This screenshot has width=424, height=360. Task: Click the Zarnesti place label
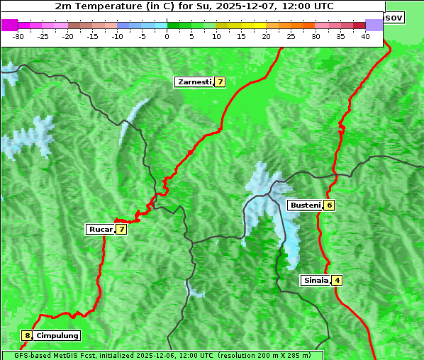click(194, 82)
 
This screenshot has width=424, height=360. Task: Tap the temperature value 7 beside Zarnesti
click(220, 82)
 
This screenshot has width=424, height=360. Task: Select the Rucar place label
click(100, 229)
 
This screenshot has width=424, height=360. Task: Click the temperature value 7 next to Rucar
click(121, 229)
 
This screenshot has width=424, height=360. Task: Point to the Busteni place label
click(304, 205)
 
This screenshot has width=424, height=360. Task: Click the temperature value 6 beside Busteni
click(329, 205)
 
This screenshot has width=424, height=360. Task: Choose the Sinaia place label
click(316, 280)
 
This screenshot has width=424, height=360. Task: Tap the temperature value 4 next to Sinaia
click(337, 280)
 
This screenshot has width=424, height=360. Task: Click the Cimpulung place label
click(57, 335)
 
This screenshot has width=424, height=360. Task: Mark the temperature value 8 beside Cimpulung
click(27, 335)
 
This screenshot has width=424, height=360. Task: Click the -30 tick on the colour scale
click(18, 35)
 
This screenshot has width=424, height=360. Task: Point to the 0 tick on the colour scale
click(167, 35)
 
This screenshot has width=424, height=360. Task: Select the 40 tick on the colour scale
click(365, 35)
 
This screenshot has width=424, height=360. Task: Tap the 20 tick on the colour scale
click(266, 35)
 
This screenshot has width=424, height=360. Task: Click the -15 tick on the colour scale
click(93, 35)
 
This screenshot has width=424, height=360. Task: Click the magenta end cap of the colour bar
click(9, 25)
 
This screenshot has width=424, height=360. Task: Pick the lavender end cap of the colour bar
click(374, 25)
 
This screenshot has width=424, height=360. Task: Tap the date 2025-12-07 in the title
click(239, 6)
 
